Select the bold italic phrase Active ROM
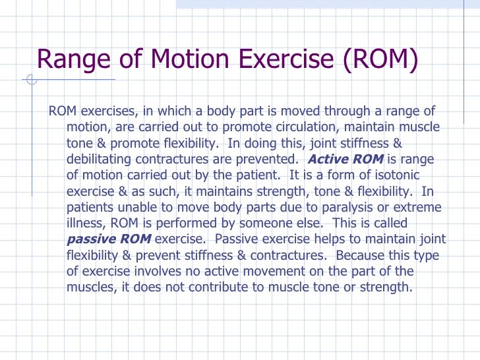[x=345, y=160]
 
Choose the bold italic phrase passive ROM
[x=109, y=239]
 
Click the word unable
[x=136, y=207]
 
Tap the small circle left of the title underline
[x=30, y=82]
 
